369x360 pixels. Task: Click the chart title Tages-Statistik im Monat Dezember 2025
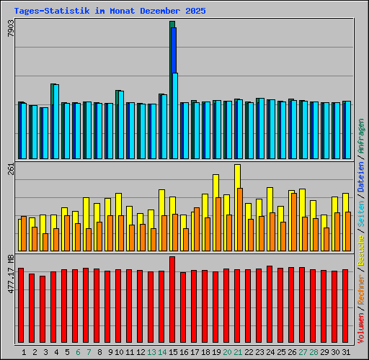[110, 12]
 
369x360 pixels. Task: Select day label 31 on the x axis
[345, 352]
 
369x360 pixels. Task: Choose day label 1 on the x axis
[25, 352]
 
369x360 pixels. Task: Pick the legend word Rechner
[361, 284]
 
